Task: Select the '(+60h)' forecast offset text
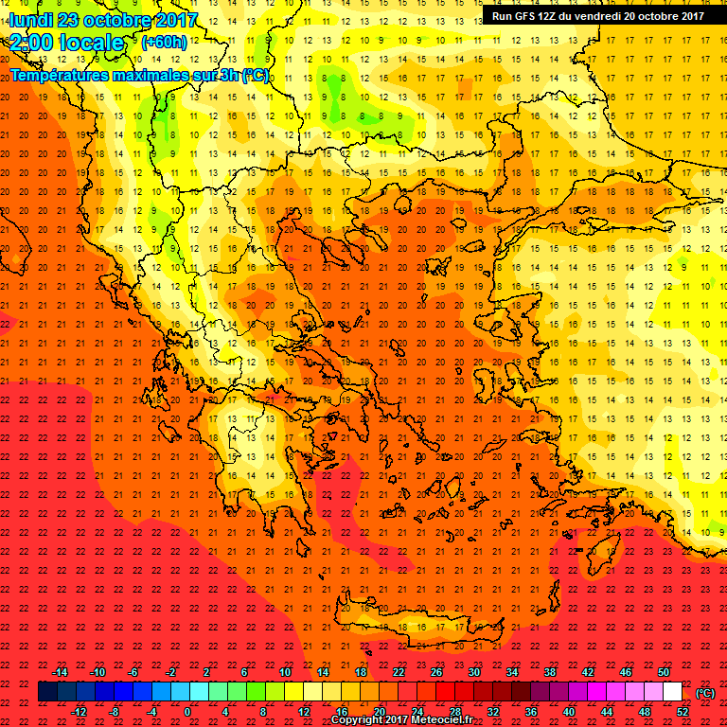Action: point(164,42)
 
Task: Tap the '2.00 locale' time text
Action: point(66,43)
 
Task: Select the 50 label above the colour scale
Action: point(664,672)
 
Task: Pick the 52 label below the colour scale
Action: point(683,712)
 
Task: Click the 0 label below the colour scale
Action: point(188,712)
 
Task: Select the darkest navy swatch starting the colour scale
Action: point(47,692)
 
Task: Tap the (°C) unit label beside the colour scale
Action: point(705,692)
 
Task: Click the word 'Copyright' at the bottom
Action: point(361,720)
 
